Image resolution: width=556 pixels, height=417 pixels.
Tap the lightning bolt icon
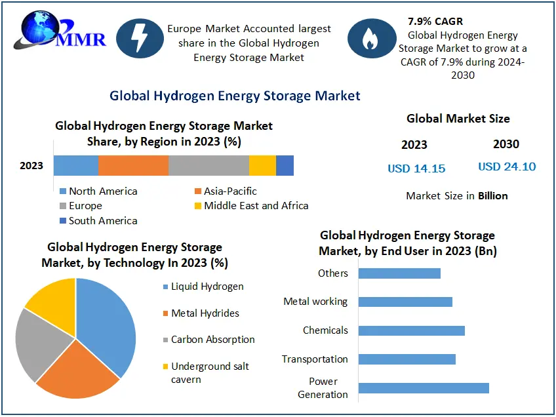tap(140, 38)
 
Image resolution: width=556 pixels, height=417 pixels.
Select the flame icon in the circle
tap(370, 38)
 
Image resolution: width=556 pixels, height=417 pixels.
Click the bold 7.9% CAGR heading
tap(435, 22)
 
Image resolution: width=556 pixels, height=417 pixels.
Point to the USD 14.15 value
tap(416, 169)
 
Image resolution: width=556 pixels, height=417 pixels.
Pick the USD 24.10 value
tap(507, 167)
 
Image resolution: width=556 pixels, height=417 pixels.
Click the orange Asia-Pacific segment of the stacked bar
tap(133, 166)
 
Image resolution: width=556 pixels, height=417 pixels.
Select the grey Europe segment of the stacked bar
tap(208, 166)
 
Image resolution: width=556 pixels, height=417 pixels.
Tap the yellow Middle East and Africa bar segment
tap(262, 166)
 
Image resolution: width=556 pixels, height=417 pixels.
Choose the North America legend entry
tap(102, 191)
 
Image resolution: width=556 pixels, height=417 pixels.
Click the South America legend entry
tap(102, 221)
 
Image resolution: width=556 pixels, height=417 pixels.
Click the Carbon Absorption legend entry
tap(212, 340)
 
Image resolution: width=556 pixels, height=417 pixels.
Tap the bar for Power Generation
tap(424, 388)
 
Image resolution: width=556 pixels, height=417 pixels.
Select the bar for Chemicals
tap(411, 330)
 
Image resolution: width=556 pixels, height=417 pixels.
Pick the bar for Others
tap(399, 273)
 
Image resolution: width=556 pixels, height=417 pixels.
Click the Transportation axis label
tap(315, 359)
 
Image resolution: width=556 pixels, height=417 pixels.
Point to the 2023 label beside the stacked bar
tap(31, 165)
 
